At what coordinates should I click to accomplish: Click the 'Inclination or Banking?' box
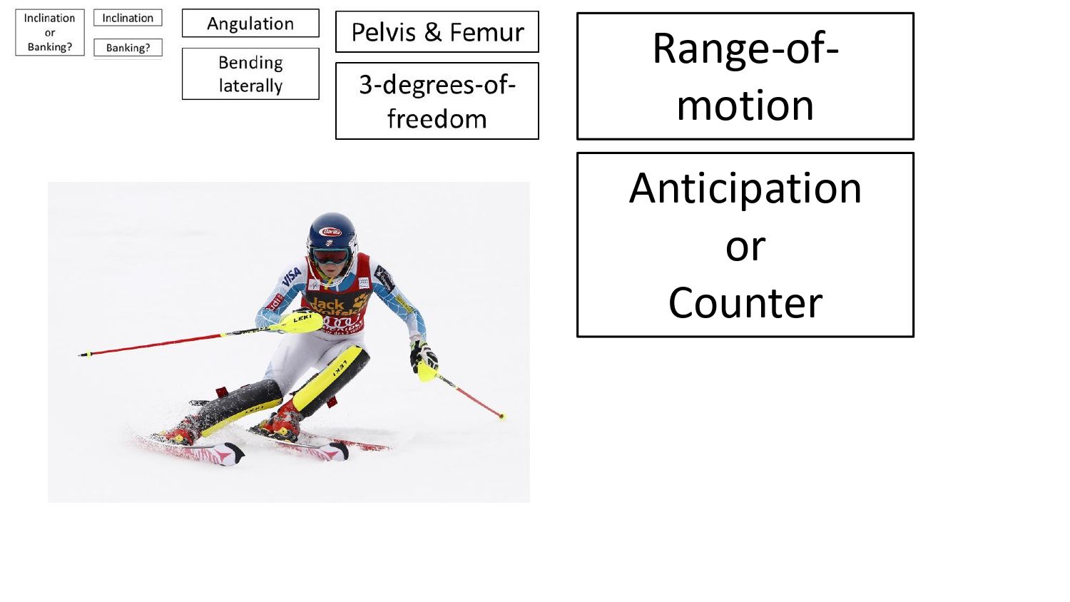(x=49, y=32)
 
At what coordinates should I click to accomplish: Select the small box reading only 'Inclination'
(x=128, y=18)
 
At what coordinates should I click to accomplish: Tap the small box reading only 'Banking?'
(x=128, y=48)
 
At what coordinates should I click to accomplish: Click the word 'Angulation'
(x=250, y=24)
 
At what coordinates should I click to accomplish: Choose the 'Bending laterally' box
(x=250, y=73)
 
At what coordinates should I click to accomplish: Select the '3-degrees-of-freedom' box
(x=437, y=101)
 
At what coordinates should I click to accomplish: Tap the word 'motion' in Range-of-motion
(x=745, y=106)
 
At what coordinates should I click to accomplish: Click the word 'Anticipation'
(x=745, y=188)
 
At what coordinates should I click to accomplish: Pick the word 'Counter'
(x=745, y=302)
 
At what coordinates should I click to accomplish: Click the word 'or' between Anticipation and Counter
(x=745, y=246)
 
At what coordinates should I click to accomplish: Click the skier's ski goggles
(x=330, y=255)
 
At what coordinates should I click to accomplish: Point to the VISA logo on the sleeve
(x=292, y=276)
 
